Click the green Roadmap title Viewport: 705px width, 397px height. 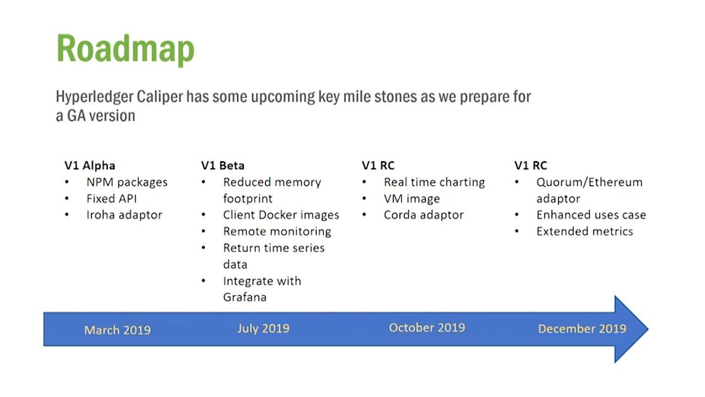pos(125,50)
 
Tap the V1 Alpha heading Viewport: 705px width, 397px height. pos(90,165)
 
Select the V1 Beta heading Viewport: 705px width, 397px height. pos(223,165)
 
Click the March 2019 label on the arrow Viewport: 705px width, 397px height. pos(117,330)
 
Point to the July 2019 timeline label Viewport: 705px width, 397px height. pos(263,329)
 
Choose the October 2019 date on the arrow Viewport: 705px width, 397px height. pos(427,328)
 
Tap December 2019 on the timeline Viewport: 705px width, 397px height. pos(582,329)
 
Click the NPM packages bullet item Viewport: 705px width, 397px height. pos(127,183)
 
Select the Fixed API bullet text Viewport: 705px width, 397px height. pos(112,199)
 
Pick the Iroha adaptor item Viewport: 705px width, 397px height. pos(124,215)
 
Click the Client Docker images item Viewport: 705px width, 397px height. pos(281,215)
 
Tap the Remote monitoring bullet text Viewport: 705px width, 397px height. pos(277,232)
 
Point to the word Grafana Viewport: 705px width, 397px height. pos(245,297)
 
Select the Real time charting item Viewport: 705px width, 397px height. pos(435,183)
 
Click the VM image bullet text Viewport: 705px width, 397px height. pos(411,199)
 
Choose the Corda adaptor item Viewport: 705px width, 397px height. pos(424,215)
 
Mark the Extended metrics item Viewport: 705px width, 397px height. pos(584,232)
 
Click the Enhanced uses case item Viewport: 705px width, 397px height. pos(591,215)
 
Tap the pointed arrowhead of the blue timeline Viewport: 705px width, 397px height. pos(648,329)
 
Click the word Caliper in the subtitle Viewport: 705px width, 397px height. pos(160,96)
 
